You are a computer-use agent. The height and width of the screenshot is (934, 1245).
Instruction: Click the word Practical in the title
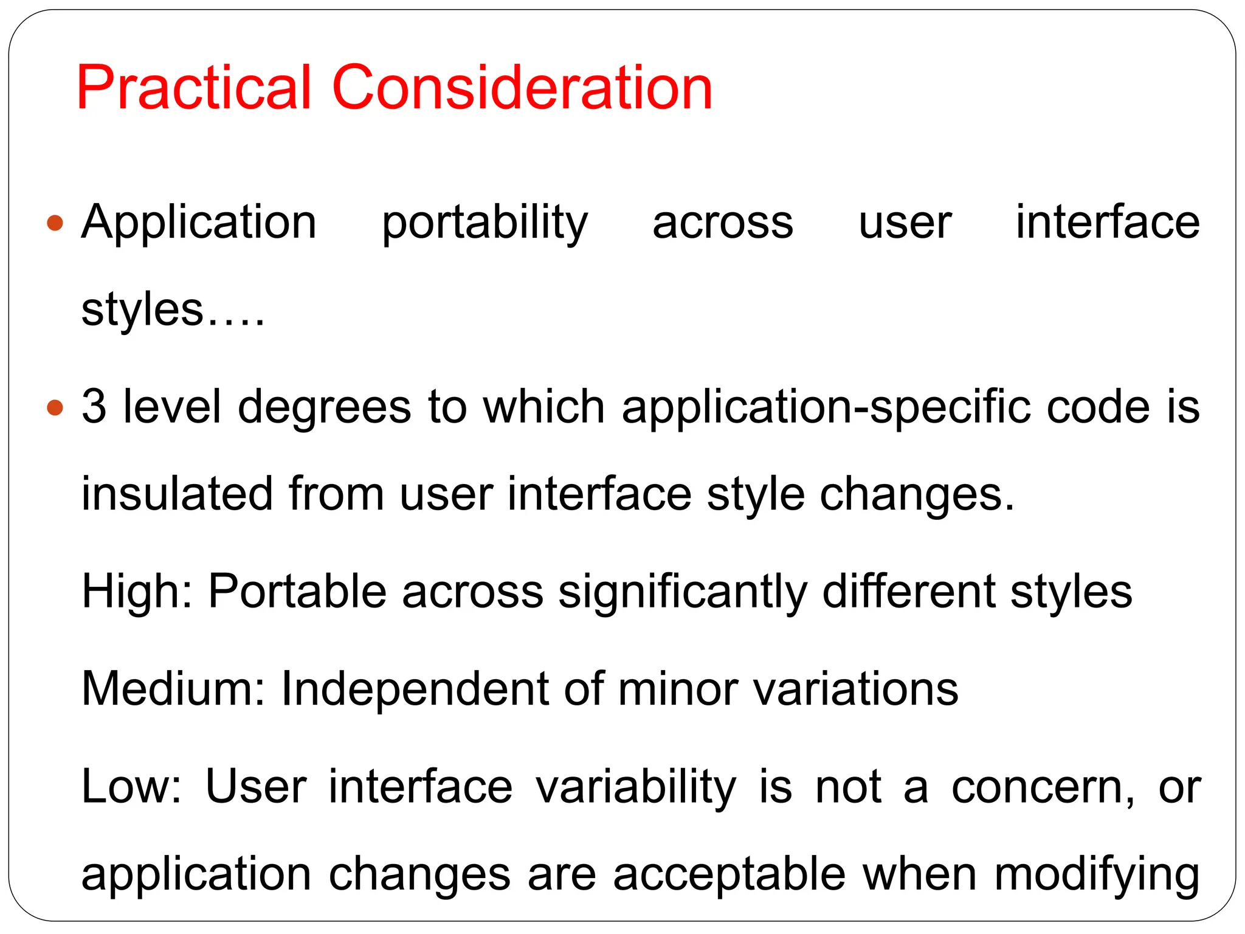194,88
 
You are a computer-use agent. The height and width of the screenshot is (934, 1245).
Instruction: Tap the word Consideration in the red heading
522,88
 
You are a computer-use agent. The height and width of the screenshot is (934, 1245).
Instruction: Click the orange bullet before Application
55,223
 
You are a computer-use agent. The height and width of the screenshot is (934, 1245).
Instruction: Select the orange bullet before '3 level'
55,407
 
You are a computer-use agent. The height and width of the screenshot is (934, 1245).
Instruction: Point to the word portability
485,224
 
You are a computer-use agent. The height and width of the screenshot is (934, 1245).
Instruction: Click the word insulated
177,494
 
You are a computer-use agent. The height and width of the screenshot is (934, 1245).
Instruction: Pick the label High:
137,592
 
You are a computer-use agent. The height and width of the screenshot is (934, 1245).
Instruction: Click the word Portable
297,592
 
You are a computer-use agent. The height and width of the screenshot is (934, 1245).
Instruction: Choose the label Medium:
173,689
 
